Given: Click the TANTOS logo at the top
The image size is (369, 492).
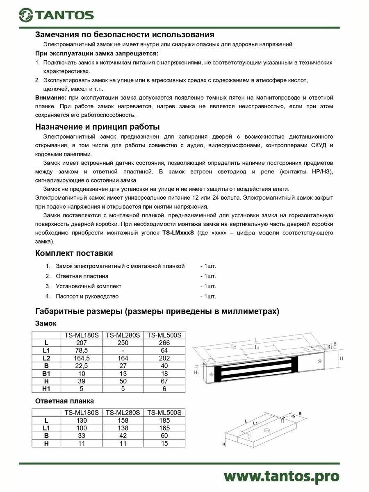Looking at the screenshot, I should click(x=57, y=15).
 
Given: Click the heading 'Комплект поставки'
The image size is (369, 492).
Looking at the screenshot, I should click(x=74, y=253).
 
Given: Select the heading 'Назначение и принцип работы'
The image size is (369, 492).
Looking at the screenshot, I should click(x=97, y=126).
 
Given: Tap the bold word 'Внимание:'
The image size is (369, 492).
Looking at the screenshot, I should click(x=50, y=98).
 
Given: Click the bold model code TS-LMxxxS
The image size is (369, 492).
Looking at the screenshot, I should click(x=178, y=232).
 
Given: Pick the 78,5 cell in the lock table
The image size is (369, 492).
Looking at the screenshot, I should click(x=81, y=351).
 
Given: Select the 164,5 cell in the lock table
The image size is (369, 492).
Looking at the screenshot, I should click(x=81, y=358).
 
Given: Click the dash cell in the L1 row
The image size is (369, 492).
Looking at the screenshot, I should click(x=123, y=351).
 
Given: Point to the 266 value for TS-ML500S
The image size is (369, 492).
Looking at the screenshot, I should click(x=164, y=343).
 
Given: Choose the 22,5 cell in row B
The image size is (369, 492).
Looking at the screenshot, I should click(x=81, y=366).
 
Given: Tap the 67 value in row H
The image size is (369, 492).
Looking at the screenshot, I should click(x=164, y=381).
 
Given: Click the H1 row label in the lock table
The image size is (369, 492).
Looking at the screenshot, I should click(x=46, y=389).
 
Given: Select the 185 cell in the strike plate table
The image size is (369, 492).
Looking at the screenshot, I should click(x=164, y=420).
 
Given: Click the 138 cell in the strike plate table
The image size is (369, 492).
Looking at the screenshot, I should click(x=123, y=428).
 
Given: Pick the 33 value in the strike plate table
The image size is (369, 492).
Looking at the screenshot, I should click(x=81, y=436).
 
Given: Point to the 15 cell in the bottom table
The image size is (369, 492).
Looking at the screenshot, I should click(x=164, y=444).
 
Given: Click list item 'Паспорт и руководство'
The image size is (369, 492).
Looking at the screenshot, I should click(x=87, y=296).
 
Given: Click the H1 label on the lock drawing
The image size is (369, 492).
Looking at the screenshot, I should click(x=196, y=372).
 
